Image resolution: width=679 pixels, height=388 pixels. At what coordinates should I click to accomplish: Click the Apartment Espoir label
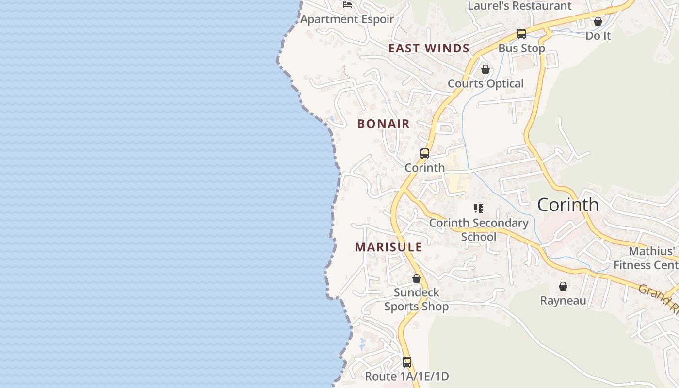pyautogui.click(x=347, y=19)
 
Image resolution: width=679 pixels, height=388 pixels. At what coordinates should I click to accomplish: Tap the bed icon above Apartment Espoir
pyautogui.click(x=347, y=5)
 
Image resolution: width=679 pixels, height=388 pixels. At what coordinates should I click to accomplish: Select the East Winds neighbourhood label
pyautogui.click(x=429, y=48)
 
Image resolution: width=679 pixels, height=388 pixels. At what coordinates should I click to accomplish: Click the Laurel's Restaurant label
pyautogui.click(x=519, y=6)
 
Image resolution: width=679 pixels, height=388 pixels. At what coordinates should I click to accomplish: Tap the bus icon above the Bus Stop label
pyautogui.click(x=521, y=34)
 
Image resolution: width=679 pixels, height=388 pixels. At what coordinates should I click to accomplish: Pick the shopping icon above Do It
pyautogui.click(x=598, y=21)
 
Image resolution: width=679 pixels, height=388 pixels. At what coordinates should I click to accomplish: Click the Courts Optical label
pyautogui.click(x=485, y=83)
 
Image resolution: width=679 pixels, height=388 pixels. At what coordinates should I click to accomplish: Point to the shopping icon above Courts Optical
pyautogui.click(x=485, y=69)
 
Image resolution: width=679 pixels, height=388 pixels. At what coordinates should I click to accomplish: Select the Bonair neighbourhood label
pyautogui.click(x=384, y=124)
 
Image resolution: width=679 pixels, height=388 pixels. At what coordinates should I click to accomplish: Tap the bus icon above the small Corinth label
pyautogui.click(x=425, y=154)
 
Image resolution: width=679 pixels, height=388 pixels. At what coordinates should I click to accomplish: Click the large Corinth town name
pyautogui.click(x=568, y=205)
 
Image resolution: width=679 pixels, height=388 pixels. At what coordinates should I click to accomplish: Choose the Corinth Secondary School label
pyautogui.click(x=479, y=230)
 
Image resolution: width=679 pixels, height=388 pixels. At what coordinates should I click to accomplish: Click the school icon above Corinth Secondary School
pyautogui.click(x=479, y=209)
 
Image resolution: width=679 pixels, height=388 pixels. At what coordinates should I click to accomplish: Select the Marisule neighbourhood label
pyautogui.click(x=388, y=247)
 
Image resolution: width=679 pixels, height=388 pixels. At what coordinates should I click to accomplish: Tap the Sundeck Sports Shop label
pyautogui.click(x=417, y=299)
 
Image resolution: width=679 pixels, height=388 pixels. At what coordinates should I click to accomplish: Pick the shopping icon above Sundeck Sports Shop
pyautogui.click(x=417, y=278)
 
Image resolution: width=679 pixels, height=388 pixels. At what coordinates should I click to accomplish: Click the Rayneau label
pyautogui.click(x=563, y=301)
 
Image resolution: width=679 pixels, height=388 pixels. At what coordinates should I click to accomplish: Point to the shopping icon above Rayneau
pyautogui.click(x=563, y=286)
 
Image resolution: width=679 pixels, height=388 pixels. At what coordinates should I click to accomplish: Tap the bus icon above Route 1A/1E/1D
pyautogui.click(x=407, y=362)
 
